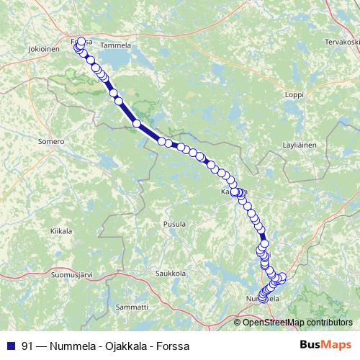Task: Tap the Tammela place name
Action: [x=116, y=45]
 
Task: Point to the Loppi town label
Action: [x=295, y=94]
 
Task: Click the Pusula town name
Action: [x=176, y=225]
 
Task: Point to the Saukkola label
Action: [x=171, y=273]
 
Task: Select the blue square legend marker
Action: [x=11, y=346]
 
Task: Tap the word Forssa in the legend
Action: [x=174, y=346]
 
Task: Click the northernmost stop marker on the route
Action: [x=81, y=42]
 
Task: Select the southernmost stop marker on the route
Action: [x=262, y=298]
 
